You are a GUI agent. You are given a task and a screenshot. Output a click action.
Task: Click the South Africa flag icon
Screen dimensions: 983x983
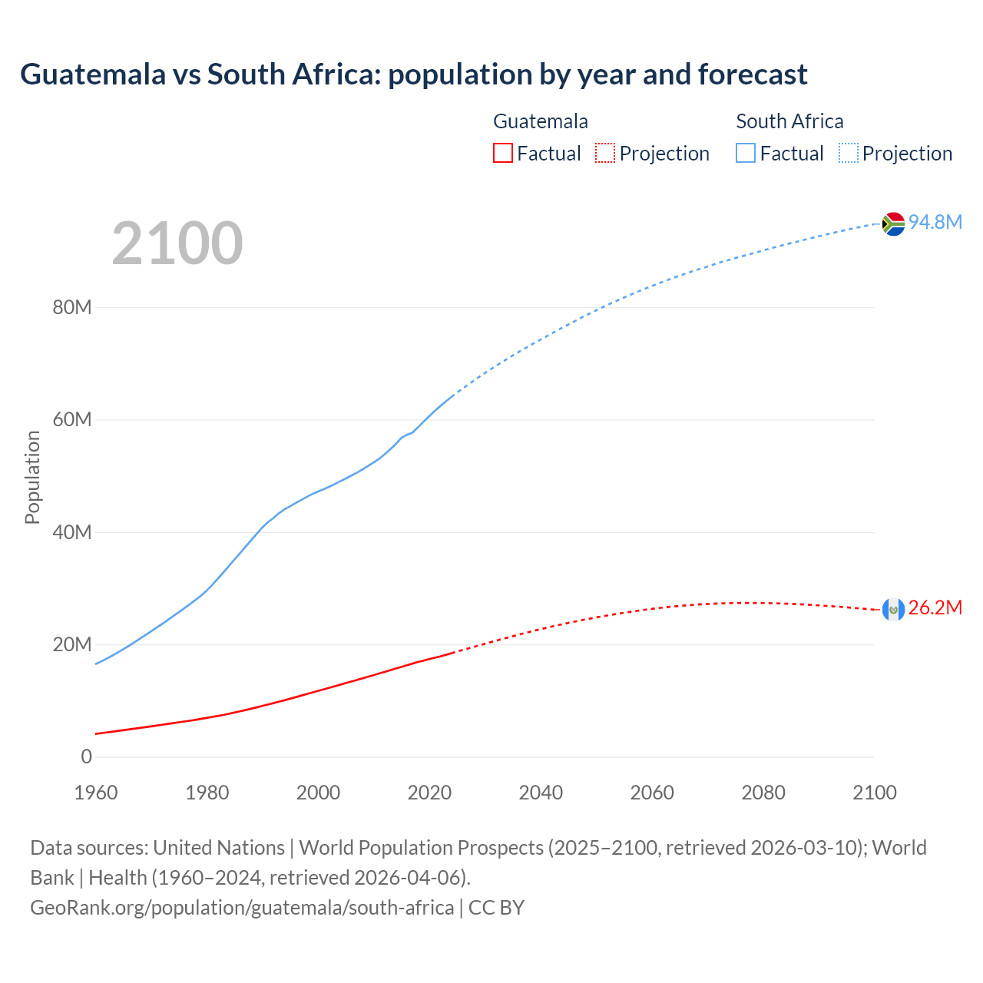[x=893, y=223]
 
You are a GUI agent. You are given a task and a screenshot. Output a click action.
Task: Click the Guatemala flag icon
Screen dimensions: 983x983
[x=893, y=609]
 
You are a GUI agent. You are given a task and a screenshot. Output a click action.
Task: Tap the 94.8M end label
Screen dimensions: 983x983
[x=935, y=222]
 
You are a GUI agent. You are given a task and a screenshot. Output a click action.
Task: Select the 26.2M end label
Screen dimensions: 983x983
[x=935, y=608]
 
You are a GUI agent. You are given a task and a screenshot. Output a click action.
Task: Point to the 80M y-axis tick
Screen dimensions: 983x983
[x=72, y=308]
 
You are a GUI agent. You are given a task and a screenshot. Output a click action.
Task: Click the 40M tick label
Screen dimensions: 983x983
[x=72, y=532]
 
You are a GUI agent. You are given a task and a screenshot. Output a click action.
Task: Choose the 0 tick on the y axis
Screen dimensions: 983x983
[x=86, y=756]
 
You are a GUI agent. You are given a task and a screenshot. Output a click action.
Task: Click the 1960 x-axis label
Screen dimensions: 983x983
[x=96, y=793]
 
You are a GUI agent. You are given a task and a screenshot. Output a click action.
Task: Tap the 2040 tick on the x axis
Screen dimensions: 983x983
[x=541, y=793]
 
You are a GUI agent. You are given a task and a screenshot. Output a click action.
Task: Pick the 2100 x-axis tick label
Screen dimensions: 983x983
[x=874, y=793]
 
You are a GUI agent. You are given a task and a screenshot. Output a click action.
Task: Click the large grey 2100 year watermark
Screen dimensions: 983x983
[x=177, y=243]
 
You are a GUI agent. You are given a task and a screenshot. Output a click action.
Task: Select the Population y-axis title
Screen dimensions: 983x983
[x=32, y=477]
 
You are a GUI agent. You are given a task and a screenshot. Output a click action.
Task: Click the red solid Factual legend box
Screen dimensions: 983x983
[x=503, y=153]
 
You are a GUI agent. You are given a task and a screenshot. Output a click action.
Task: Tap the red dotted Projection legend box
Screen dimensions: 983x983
[x=605, y=153]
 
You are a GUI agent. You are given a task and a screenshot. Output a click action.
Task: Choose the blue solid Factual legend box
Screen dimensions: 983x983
[x=746, y=153]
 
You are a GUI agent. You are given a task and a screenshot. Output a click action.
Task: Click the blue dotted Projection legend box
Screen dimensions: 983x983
[x=848, y=153]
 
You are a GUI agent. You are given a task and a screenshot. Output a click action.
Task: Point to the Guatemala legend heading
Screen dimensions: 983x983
[x=541, y=121]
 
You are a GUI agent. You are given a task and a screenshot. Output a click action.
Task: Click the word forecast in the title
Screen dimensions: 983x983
[x=753, y=74]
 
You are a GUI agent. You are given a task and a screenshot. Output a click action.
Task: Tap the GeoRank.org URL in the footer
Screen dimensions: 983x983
[x=242, y=908]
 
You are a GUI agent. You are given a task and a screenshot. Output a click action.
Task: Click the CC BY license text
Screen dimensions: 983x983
[x=496, y=908]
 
